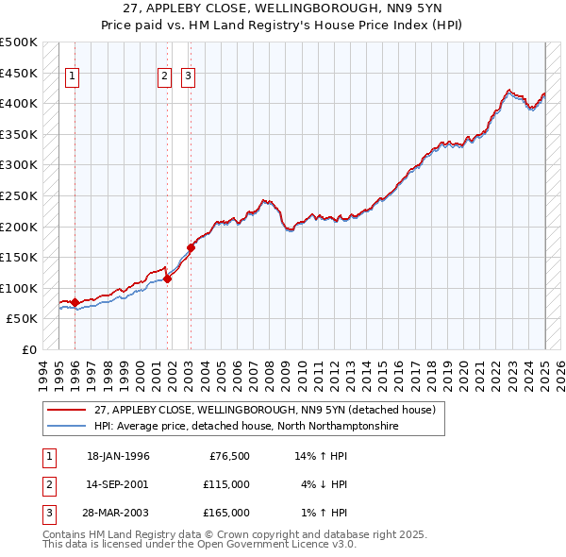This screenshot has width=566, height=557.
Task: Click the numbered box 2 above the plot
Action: tap(164, 77)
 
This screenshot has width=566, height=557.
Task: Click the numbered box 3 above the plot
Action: tap(188, 77)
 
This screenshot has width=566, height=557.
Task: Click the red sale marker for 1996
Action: tap(75, 302)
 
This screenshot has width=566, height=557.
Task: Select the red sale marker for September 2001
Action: tap(167, 278)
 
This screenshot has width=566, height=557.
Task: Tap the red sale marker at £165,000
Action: tap(191, 247)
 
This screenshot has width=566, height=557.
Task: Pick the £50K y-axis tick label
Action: tap(23, 319)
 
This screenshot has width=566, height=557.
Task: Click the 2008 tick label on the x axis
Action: tap(270, 373)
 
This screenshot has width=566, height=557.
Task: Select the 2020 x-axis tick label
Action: tap(463, 373)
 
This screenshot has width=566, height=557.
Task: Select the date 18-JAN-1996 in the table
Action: tap(118, 456)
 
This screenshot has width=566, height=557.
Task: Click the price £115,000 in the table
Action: tap(226, 484)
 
